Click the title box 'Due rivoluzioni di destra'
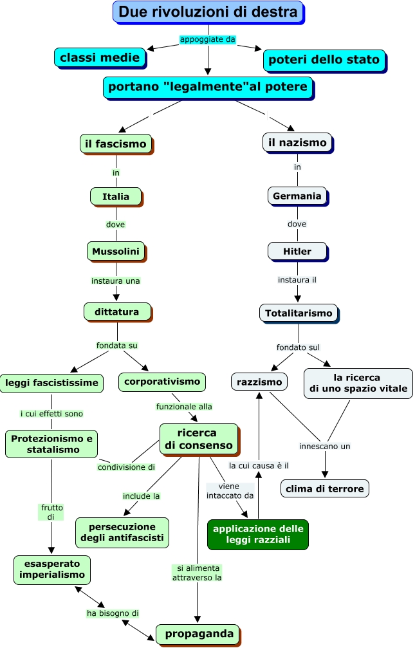208,12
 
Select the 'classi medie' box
100,57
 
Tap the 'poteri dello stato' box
324,60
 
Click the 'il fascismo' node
116,143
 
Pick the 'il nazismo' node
297,142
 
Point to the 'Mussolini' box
116,251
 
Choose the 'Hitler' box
297,251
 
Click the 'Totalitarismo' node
298,313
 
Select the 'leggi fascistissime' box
51,383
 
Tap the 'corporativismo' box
162,382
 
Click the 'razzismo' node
259,382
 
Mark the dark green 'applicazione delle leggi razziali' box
258,534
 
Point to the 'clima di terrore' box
324,488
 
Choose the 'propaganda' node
199,634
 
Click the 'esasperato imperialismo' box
52,569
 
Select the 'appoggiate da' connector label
207,39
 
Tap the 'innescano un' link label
324,446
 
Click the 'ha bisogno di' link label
113,613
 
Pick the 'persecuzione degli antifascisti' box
122,532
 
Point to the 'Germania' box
297,196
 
